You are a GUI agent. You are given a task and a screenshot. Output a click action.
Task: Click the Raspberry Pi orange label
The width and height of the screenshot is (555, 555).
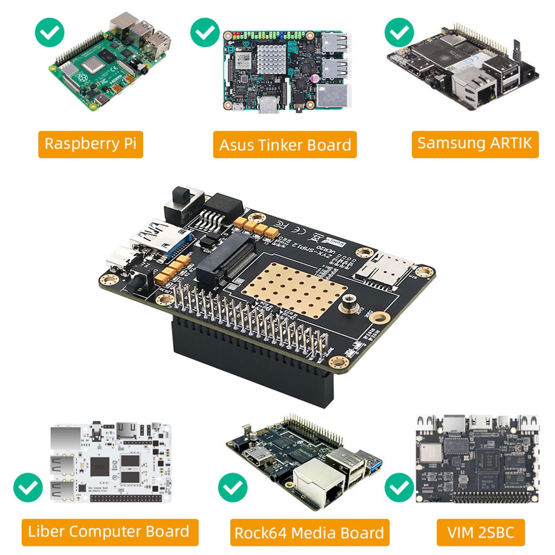(x=91, y=144)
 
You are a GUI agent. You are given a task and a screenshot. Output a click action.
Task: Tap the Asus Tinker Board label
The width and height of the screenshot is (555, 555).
(x=285, y=145)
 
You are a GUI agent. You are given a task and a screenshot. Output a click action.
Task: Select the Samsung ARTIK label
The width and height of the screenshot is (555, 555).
(x=475, y=144)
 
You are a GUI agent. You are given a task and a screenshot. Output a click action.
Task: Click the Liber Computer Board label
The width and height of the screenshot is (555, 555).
(x=110, y=532)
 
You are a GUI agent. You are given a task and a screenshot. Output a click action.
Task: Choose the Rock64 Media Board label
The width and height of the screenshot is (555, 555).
(x=309, y=532)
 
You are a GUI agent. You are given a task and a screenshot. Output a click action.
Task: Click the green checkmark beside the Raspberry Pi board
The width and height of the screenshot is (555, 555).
(x=49, y=32)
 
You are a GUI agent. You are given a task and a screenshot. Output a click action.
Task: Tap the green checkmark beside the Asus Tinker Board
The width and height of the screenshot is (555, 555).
(x=205, y=32)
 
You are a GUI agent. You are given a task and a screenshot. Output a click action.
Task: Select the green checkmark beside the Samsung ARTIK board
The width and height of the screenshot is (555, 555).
(x=399, y=32)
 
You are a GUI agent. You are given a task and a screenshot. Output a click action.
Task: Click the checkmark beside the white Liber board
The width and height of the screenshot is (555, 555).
(x=28, y=487)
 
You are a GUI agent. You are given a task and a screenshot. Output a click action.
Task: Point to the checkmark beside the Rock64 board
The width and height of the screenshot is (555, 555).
(x=233, y=487)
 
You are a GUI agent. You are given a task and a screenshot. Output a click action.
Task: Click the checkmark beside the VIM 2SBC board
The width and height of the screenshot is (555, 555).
(x=399, y=487)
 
